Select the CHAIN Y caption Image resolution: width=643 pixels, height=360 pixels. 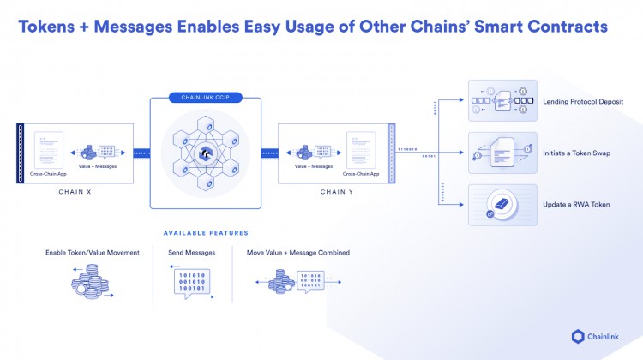click(x=334, y=191)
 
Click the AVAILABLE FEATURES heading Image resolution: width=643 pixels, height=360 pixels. click(x=206, y=233)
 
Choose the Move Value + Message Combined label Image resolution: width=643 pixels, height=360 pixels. click(x=297, y=253)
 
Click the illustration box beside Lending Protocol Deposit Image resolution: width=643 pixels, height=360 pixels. click(x=502, y=101)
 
